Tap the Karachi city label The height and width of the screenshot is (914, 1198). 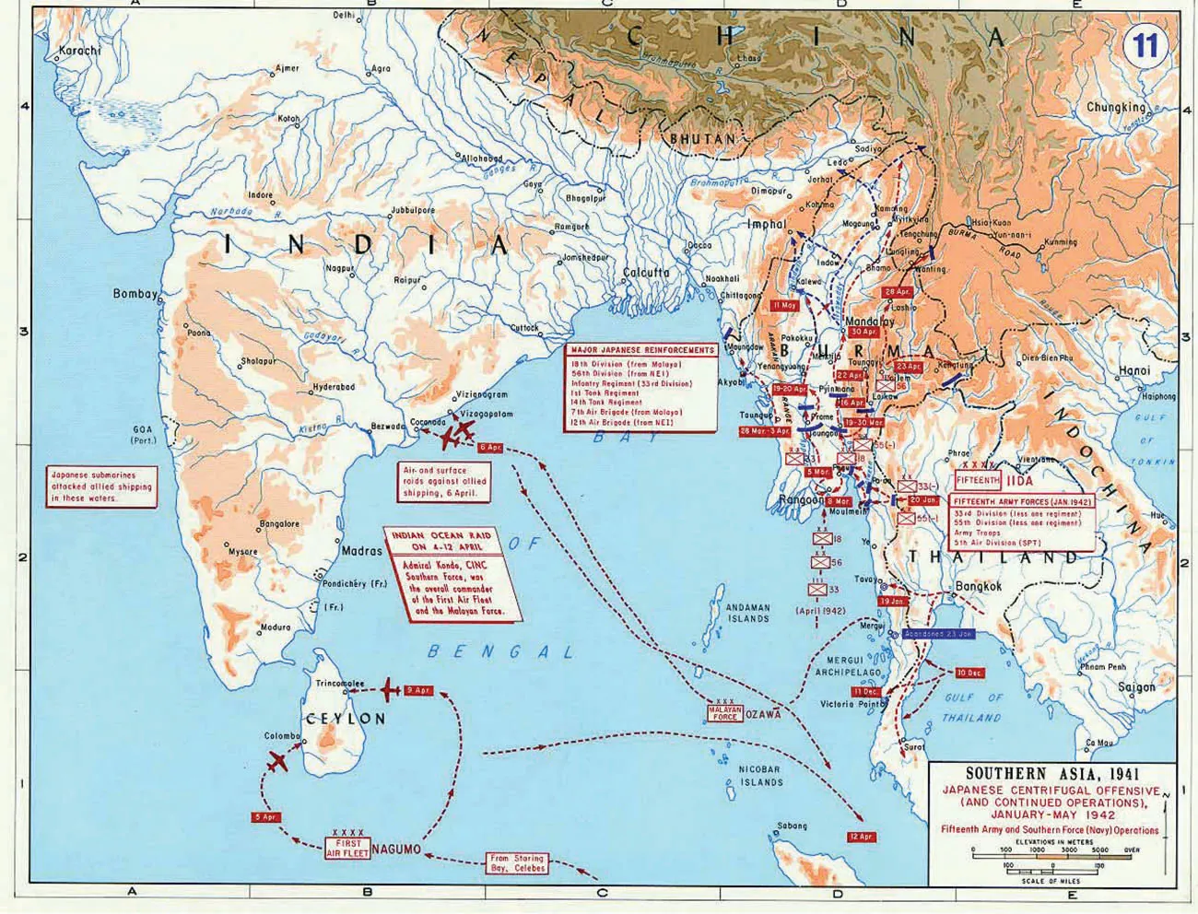pyautogui.click(x=78, y=51)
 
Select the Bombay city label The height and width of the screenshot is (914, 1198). pyautogui.click(x=135, y=294)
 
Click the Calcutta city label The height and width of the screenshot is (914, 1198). pyautogui.click(x=646, y=274)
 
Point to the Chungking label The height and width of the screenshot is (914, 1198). pyautogui.click(x=1116, y=107)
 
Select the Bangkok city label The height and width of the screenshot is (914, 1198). pyautogui.click(x=978, y=585)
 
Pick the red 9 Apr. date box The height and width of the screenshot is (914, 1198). pyautogui.click(x=417, y=690)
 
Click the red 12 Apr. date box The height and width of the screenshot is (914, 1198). pyautogui.click(x=860, y=837)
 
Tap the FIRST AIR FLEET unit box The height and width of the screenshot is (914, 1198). pyautogui.click(x=346, y=849)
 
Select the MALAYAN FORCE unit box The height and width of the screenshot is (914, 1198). pyautogui.click(x=724, y=713)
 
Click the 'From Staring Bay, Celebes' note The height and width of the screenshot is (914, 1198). pyautogui.click(x=517, y=863)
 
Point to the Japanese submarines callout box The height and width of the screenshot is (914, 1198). pyautogui.click(x=101, y=486)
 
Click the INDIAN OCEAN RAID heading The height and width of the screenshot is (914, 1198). pyautogui.click(x=452, y=541)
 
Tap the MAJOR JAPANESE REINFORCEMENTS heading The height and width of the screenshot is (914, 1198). pyautogui.click(x=642, y=351)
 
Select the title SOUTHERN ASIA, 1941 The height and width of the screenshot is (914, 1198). pyautogui.click(x=1041, y=775)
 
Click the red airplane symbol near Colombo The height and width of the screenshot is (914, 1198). pyautogui.click(x=276, y=762)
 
